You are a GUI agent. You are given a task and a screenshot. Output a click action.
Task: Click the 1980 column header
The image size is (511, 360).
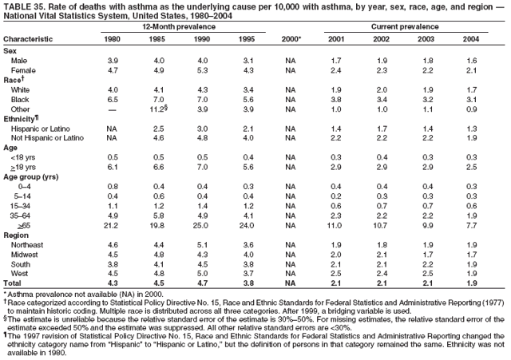point(113,38)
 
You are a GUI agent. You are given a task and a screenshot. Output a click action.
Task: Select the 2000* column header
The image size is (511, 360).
point(291,38)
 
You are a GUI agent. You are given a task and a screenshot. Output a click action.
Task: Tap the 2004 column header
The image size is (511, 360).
point(470,38)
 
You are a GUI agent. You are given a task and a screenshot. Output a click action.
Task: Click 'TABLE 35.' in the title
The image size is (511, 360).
point(23,6)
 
